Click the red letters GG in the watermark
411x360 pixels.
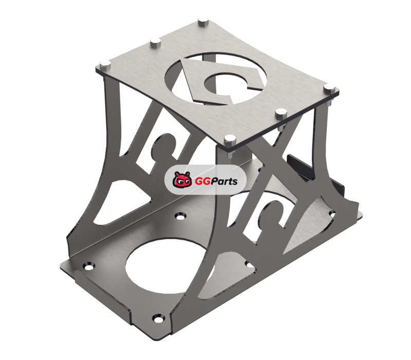[203, 182]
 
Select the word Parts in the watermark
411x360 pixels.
[225, 182]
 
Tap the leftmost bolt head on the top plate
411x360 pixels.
[105, 65]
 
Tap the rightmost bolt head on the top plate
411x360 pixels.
[329, 88]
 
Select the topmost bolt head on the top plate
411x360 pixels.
[203, 22]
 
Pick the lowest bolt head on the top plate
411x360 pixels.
[230, 140]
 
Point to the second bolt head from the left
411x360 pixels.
[156, 42]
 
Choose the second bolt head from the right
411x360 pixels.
[281, 113]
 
